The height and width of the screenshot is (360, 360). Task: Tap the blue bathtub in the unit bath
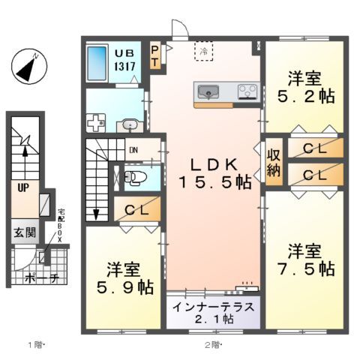[x=97, y=65]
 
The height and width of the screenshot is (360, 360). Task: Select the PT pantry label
[x=154, y=57]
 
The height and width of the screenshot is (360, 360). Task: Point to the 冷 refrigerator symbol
[x=204, y=51]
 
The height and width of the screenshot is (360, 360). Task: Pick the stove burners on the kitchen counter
[x=247, y=92]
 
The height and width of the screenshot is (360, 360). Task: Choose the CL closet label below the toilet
[x=136, y=209]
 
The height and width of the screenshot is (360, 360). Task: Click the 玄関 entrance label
[x=22, y=233]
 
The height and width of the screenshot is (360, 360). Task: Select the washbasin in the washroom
[x=129, y=125]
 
